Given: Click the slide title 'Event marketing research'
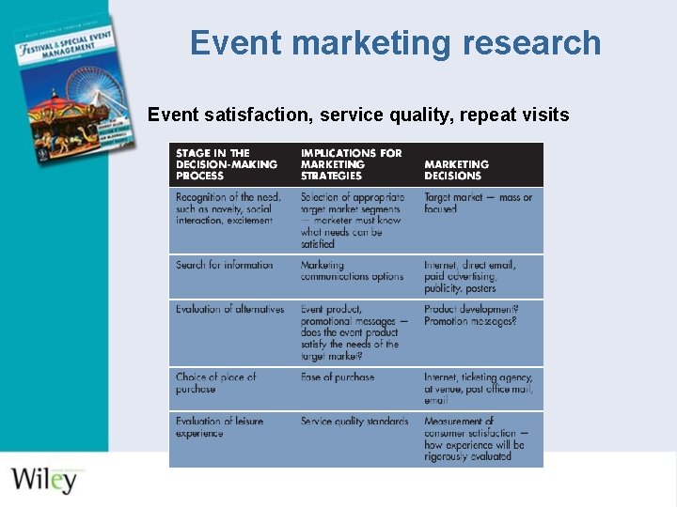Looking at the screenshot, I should pyautogui.click(x=395, y=43).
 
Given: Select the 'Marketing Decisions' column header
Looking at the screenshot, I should pyautogui.click(x=456, y=170).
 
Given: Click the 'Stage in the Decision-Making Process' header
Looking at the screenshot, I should pyautogui.click(x=227, y=164).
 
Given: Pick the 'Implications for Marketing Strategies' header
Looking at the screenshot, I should pyautogui.click(x=351, y=164).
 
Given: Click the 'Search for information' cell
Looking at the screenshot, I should pyautogui.click(x=224, y=266).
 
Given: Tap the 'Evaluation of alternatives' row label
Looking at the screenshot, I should pyautogui.click(x=229, y=309).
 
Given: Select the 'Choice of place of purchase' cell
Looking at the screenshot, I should pyautogui.click(x=215, y=383).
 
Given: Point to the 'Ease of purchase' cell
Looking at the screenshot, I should pyautogui.click(x=338, y=377).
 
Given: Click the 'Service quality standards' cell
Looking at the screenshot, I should pyautogui.click(x=354, y=422).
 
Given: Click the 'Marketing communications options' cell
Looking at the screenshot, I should pyautogui.click(x=352, y=271).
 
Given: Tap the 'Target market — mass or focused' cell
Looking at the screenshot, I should pyautogui.click(x=478, y=203).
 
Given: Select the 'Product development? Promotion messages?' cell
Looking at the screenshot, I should pyautogui.click(x=470, y=315).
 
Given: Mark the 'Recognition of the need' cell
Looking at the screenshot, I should pyautogui.click(x=228, y=208).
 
